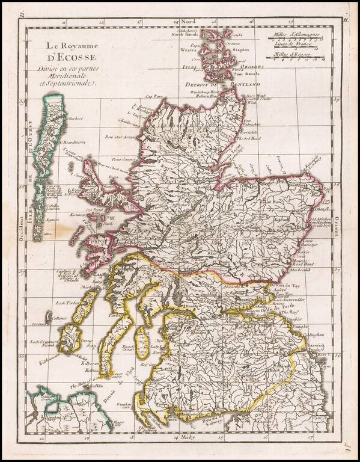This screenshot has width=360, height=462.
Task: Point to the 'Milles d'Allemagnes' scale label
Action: tap(295, 35)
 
